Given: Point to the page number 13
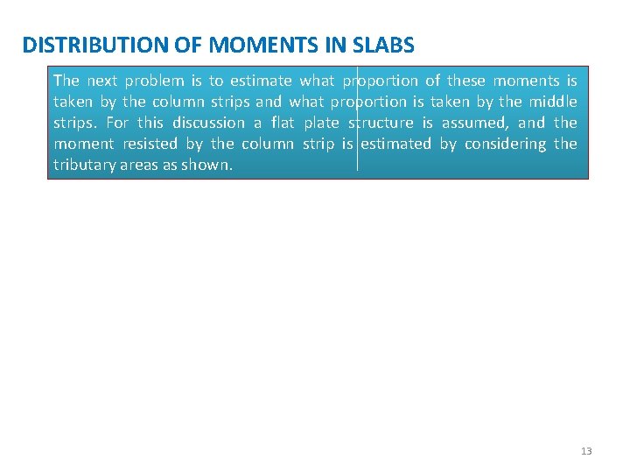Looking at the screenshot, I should click(586, 451).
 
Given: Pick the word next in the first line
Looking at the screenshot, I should click(101, 81).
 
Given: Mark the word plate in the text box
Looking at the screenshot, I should click(321, 123).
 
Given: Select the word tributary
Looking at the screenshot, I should click(80, 165).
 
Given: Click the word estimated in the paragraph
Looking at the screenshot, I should click(395, 144).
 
